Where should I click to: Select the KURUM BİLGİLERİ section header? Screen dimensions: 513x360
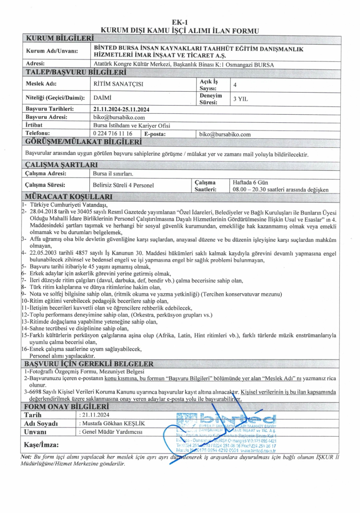point(60,38)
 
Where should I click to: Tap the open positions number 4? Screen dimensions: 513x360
point(235,84)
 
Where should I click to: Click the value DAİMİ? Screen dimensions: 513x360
point(102,98)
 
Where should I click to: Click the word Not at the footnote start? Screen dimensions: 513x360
point(26,456)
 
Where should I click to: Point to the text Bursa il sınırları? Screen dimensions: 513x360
point(113,173)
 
